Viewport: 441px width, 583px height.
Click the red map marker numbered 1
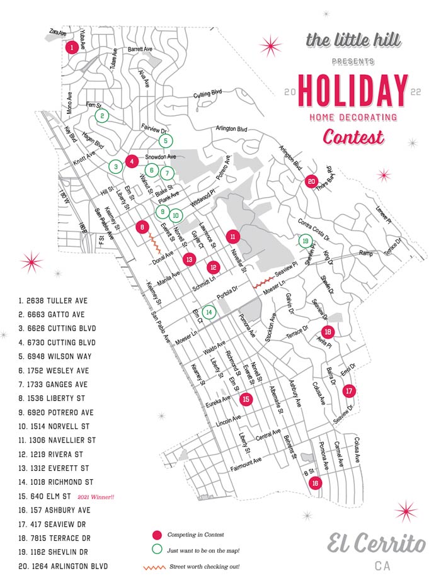point(72,47)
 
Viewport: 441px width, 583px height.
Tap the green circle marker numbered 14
point(209,311)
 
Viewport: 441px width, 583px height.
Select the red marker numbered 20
point(311,181)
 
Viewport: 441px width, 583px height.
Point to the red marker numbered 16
point(315,483)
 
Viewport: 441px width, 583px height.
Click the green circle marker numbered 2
point(101,116)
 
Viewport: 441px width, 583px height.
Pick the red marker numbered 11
point(233,237)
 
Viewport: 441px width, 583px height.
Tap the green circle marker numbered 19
point(305,241)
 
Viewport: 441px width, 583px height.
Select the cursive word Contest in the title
point(353,135)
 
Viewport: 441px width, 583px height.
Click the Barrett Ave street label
point(140,48)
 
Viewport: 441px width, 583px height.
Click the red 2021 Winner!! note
point(96,497)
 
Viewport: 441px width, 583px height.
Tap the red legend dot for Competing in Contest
point(157,535)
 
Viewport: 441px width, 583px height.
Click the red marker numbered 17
point(350,391)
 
